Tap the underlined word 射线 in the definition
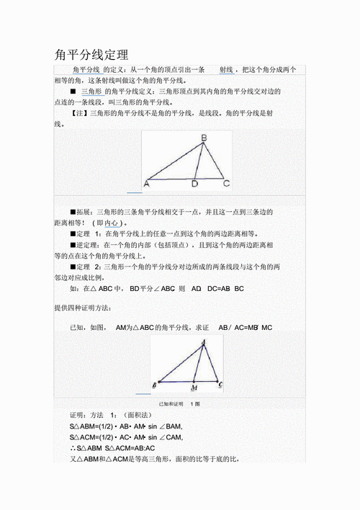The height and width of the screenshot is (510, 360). pos(225,69)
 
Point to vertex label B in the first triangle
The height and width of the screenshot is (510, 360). pos(204,138)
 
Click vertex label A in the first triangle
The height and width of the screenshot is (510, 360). pos(146,184)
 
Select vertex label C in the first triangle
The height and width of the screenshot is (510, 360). pos(226,184)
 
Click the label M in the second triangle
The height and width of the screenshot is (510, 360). pos(195,386)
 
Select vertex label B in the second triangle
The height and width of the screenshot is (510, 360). pos(155,385)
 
